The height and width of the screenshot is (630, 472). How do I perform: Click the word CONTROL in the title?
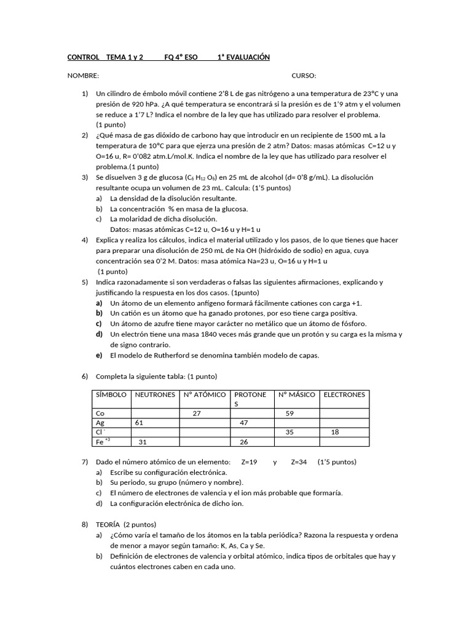tap(83, 57)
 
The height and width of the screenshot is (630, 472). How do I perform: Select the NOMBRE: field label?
tap(83, 76)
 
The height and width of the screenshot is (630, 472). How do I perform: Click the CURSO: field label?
tap(304, 76)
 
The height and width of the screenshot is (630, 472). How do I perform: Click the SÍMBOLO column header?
tap(111, 395)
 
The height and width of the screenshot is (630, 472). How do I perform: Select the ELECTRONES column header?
tap(344, 395)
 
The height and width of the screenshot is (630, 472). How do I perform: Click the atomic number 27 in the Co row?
tap(197, 414)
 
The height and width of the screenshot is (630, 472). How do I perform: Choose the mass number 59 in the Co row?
tap(290, 414)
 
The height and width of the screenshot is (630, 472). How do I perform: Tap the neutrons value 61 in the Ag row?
tap(139, 423)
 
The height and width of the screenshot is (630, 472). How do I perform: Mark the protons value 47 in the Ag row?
tap(243, 423)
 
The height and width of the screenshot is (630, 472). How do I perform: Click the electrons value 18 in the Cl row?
tap(335, 433)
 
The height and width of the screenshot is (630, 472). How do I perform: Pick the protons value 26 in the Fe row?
tap(243, 442)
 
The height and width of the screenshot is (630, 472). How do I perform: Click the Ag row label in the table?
tap(100, 423)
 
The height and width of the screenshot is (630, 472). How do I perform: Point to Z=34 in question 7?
tap(299, 462)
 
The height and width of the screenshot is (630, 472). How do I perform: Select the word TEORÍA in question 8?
tap(108, 525)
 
